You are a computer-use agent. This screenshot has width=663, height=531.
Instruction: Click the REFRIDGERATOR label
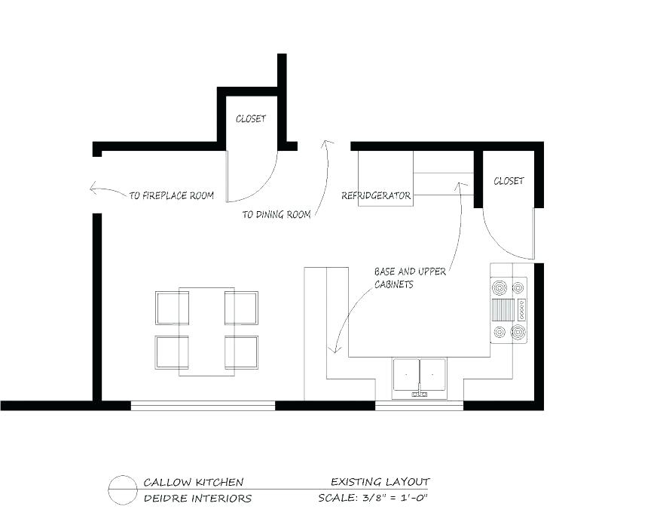(376, 195)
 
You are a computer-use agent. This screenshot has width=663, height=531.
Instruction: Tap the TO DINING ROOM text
(277, 215)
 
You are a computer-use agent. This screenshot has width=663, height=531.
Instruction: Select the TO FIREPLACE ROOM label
(171, 195)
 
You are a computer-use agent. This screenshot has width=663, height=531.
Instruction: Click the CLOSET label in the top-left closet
(250, 119)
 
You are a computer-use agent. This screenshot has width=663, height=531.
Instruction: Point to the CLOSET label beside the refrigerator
(509, 181)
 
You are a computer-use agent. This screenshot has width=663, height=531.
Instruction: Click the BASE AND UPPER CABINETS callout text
(410, 278)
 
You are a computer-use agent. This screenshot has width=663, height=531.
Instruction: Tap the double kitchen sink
(420, 376)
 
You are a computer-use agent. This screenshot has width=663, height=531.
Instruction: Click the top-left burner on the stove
(500, 287)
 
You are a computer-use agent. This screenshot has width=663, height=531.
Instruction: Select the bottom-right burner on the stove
(518, 332)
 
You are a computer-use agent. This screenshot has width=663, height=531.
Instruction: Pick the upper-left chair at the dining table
(172, 307)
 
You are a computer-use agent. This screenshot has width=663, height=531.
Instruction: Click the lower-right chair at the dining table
(241, 351)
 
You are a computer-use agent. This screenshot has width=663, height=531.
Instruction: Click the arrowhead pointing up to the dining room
(327, 143)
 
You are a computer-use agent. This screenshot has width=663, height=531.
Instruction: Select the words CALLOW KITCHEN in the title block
(193, 482)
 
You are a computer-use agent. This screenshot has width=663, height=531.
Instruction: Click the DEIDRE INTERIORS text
(197, 498)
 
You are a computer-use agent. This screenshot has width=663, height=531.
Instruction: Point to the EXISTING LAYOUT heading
(380, 481)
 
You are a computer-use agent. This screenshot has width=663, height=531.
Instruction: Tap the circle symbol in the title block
(121, 490)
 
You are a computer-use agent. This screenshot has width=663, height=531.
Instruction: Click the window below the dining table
(203, 406)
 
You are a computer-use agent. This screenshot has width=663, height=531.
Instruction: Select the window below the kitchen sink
(419, 406)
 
